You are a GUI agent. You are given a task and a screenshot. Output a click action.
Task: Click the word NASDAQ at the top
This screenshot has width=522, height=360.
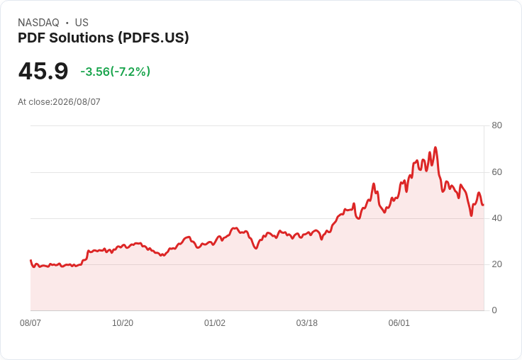[x=38, y=23]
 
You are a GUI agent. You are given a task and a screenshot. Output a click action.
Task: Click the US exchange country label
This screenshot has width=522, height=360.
[x=82, y=23]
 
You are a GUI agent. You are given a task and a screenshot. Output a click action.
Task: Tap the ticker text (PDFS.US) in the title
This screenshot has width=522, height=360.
[x=153, y=38]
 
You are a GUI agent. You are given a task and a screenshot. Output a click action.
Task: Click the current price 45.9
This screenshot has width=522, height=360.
[x=43, y=71]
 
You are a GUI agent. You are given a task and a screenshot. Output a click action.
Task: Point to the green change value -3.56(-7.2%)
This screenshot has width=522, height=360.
[x=115, y=72]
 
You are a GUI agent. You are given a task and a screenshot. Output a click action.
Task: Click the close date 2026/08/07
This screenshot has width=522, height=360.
[x=77, y=102]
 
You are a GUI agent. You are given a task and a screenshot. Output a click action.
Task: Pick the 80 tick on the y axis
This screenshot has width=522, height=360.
[x=496, y=125]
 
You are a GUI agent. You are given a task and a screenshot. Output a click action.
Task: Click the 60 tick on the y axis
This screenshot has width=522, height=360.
[x=496, y=172]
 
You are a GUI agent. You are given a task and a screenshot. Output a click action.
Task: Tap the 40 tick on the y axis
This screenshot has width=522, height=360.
[x=496, y=218]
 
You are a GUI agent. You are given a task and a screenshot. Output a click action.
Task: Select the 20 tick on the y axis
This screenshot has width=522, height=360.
[x=496, y=264]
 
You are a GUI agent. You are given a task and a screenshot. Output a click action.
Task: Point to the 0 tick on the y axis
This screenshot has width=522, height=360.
[x=494, y=310]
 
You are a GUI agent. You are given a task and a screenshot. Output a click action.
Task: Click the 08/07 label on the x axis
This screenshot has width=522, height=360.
[x=30, y=323]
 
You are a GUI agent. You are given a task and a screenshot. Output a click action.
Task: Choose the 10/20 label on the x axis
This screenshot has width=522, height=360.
[x=123, y=323]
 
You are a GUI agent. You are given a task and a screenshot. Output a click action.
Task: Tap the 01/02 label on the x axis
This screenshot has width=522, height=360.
[x=215, y=323]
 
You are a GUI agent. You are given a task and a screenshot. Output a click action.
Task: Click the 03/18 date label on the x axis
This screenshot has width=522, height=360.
[x=307, y=323]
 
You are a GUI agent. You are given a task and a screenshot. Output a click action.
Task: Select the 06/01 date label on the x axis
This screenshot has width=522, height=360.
[x=399, y=323]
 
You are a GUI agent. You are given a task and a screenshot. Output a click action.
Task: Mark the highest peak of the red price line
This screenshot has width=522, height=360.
[x=435, y=147]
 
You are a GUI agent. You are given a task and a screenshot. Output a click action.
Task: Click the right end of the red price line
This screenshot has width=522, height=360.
[x=484, y=205]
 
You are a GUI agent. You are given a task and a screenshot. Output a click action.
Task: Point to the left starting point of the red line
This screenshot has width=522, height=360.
[x=30, y=260]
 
